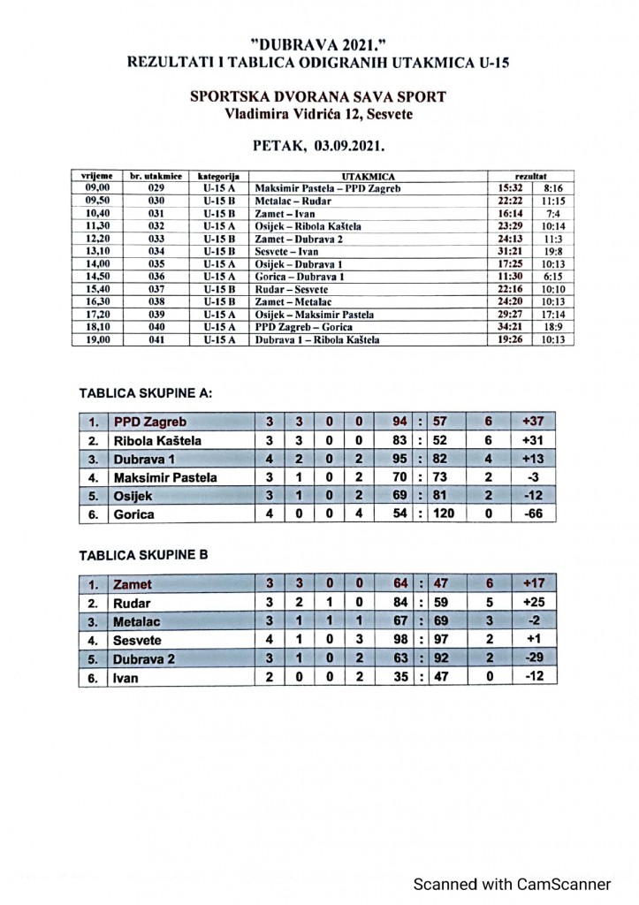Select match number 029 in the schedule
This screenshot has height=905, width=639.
click(156, 188)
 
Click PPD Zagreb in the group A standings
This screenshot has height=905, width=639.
click(150, 422)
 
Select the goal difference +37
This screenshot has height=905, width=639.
click(532, 422)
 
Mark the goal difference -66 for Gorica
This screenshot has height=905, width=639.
click(532, 514)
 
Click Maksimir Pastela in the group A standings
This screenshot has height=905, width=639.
click(165, 477)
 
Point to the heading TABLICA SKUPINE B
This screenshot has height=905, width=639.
click(143, 555)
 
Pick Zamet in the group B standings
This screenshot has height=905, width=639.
click(133, 584)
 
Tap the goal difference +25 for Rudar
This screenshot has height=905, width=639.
click(532, 603)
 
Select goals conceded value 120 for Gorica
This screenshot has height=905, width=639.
click(443, 514)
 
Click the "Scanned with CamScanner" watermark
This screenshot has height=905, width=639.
click(513, 884)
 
